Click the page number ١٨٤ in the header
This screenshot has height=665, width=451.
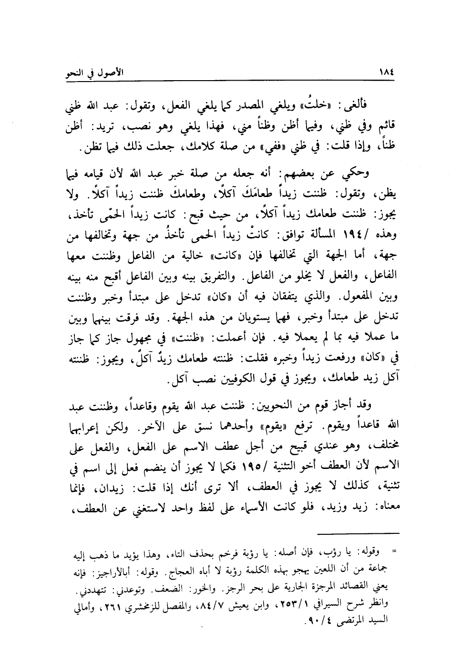[x=389, y=75]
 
